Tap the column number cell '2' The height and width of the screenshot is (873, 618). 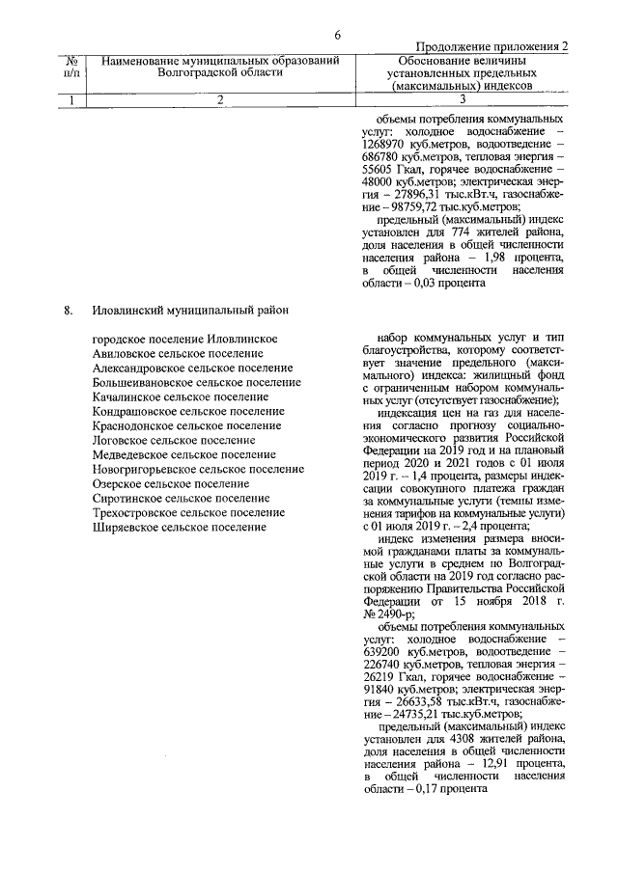(220, 98)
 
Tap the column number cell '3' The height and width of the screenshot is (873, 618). (463, 98)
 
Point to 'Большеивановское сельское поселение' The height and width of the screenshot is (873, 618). (196, 382)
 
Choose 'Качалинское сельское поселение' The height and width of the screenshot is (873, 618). (180, 396)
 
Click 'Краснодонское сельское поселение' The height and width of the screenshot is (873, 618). (186, 425)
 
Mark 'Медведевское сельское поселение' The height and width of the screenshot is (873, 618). (183, 454)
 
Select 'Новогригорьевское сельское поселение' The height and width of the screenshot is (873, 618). (198, 469)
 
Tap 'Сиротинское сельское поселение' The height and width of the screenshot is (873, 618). (181, 498)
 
